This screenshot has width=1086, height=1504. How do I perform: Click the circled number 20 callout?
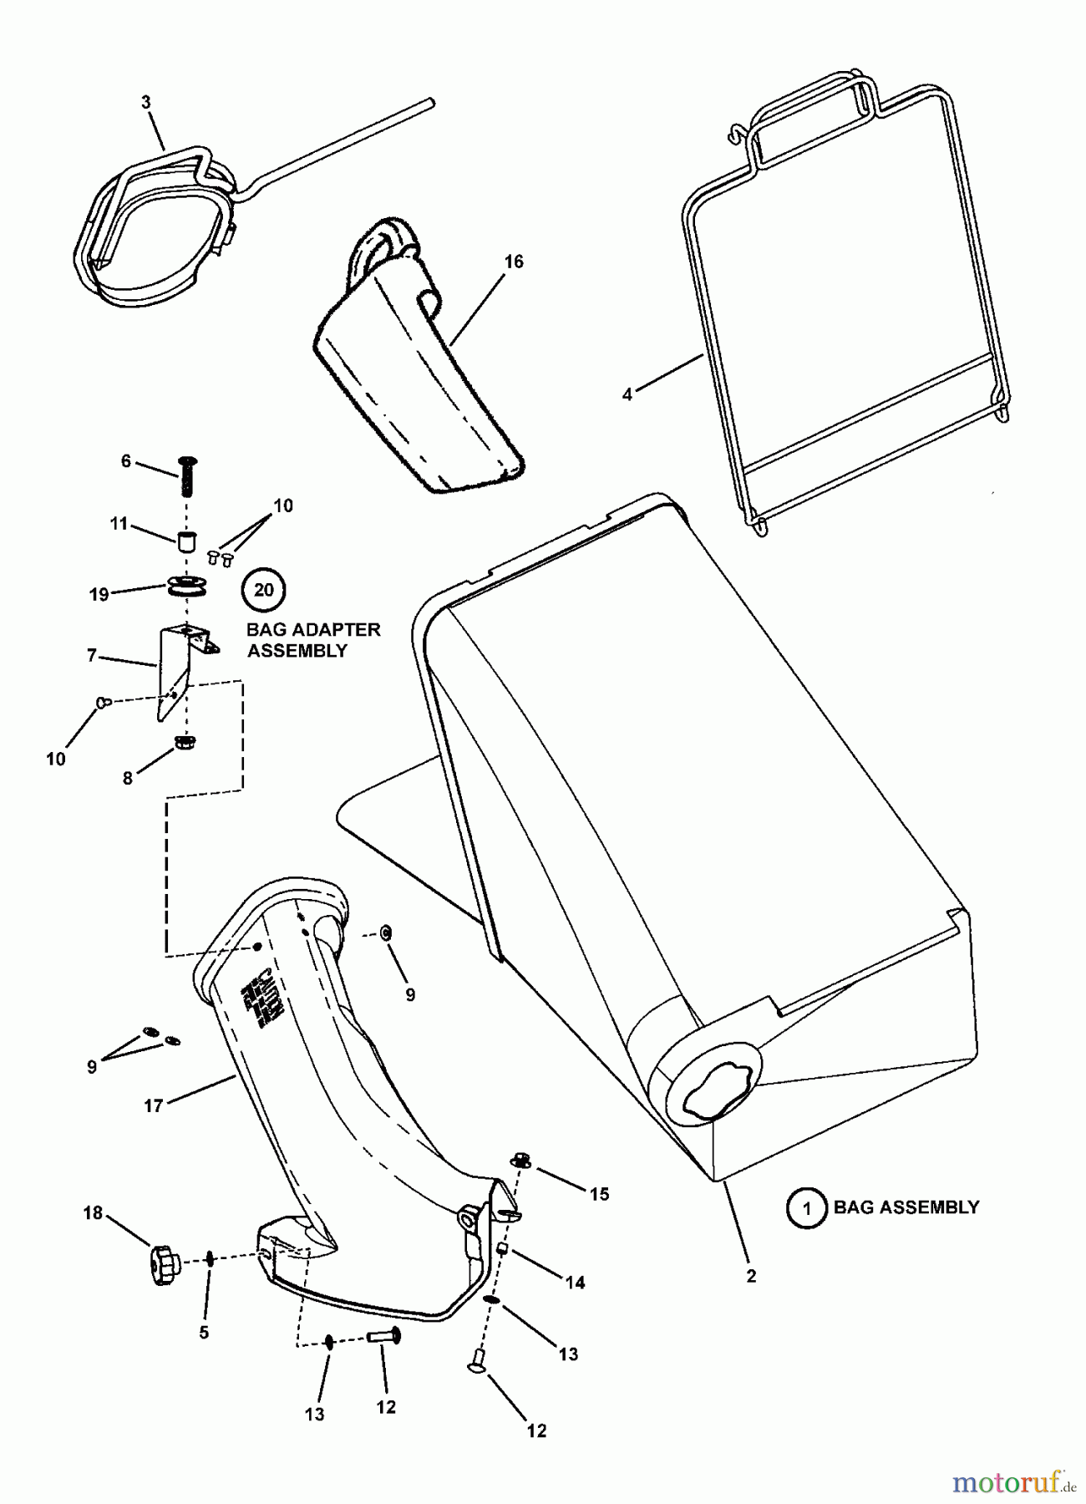263,591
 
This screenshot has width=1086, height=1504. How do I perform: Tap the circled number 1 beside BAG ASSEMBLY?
806,1208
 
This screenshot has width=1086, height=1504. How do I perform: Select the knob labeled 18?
164,1258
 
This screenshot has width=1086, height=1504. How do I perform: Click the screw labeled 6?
187,475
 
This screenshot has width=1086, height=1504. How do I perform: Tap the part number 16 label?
514,262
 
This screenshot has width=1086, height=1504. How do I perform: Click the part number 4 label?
627,394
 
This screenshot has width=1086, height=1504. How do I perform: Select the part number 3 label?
146,102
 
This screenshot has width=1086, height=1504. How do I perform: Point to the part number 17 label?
153,1106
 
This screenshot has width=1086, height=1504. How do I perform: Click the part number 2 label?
751,1276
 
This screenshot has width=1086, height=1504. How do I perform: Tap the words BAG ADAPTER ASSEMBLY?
313,640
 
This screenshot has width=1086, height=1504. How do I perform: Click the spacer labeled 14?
504,1248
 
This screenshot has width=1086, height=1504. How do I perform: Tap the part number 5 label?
204,1332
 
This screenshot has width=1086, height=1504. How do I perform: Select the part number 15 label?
600,1194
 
